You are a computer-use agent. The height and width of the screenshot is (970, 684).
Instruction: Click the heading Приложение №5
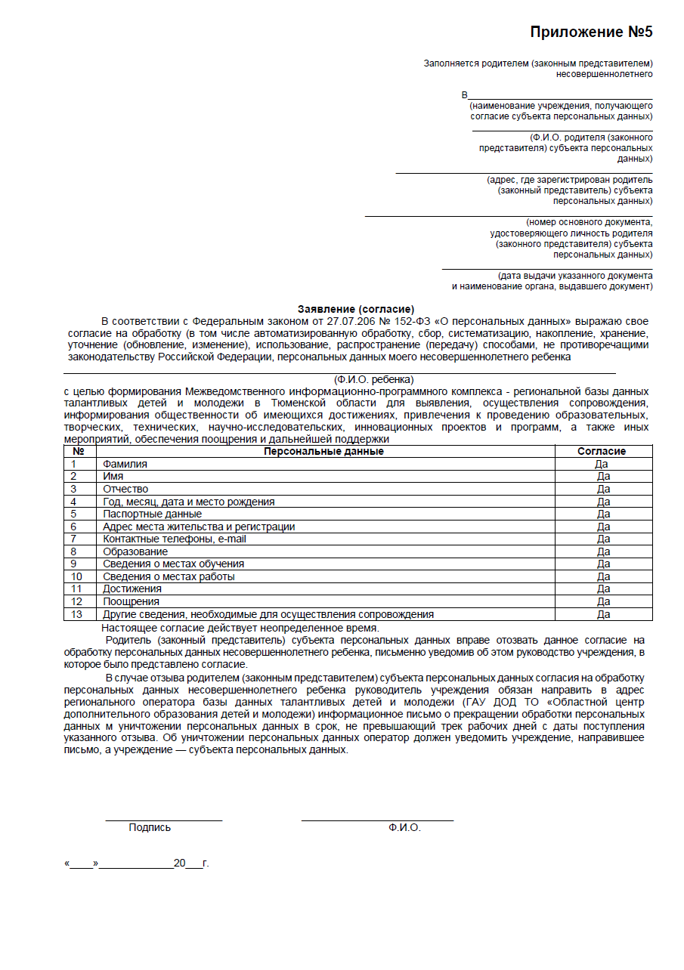tap(591, 32)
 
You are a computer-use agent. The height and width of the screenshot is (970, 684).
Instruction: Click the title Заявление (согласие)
tap(356, 309)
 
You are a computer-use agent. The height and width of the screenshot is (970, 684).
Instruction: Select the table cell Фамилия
tap(125, 464)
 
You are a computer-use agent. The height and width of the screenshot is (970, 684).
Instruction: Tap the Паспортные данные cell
tap(153, 514)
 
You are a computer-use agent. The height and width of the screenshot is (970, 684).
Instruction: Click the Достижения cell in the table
tap(132, 588)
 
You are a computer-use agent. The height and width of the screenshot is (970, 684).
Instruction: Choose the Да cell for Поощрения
tap(603, 601)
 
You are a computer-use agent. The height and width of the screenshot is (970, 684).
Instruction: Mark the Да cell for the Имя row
tap(603, 477)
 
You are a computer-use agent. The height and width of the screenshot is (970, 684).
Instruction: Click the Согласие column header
tap(602, 451)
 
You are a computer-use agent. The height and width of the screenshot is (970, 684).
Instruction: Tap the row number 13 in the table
tap(76, 614)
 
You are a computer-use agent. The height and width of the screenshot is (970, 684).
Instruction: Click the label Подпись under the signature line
tap(150, 827)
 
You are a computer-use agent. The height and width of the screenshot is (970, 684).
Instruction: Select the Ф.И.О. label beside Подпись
tap(404, 827)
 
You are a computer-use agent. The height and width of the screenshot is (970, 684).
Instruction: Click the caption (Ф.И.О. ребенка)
tap(373, 379)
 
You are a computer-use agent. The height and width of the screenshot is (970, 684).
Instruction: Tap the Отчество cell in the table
tap(125, 489)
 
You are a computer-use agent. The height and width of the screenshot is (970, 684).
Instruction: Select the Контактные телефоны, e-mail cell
tap(175, 539)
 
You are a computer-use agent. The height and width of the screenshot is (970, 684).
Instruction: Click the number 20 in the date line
tap(180, 863)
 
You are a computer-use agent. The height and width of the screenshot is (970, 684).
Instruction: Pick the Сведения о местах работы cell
tap(169, 576)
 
